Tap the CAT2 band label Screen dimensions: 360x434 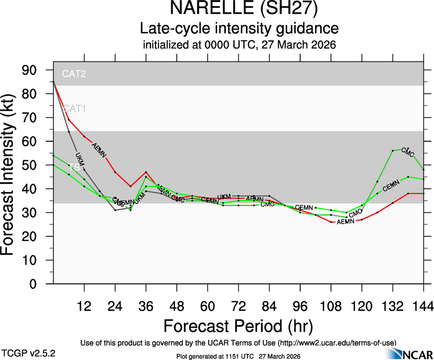[x=74, y=73]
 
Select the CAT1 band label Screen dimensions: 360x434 [x=74, y=109]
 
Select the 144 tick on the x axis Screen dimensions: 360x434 [x=423, y=306]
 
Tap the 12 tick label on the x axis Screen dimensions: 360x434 [x=84, y=306]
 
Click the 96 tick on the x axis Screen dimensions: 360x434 [x=300, y=306]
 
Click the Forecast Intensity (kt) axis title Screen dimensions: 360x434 [x=12, y=176]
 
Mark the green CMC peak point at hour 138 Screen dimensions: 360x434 [x=408, y=149]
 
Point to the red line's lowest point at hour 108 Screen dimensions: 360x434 [x=331, y=222]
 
